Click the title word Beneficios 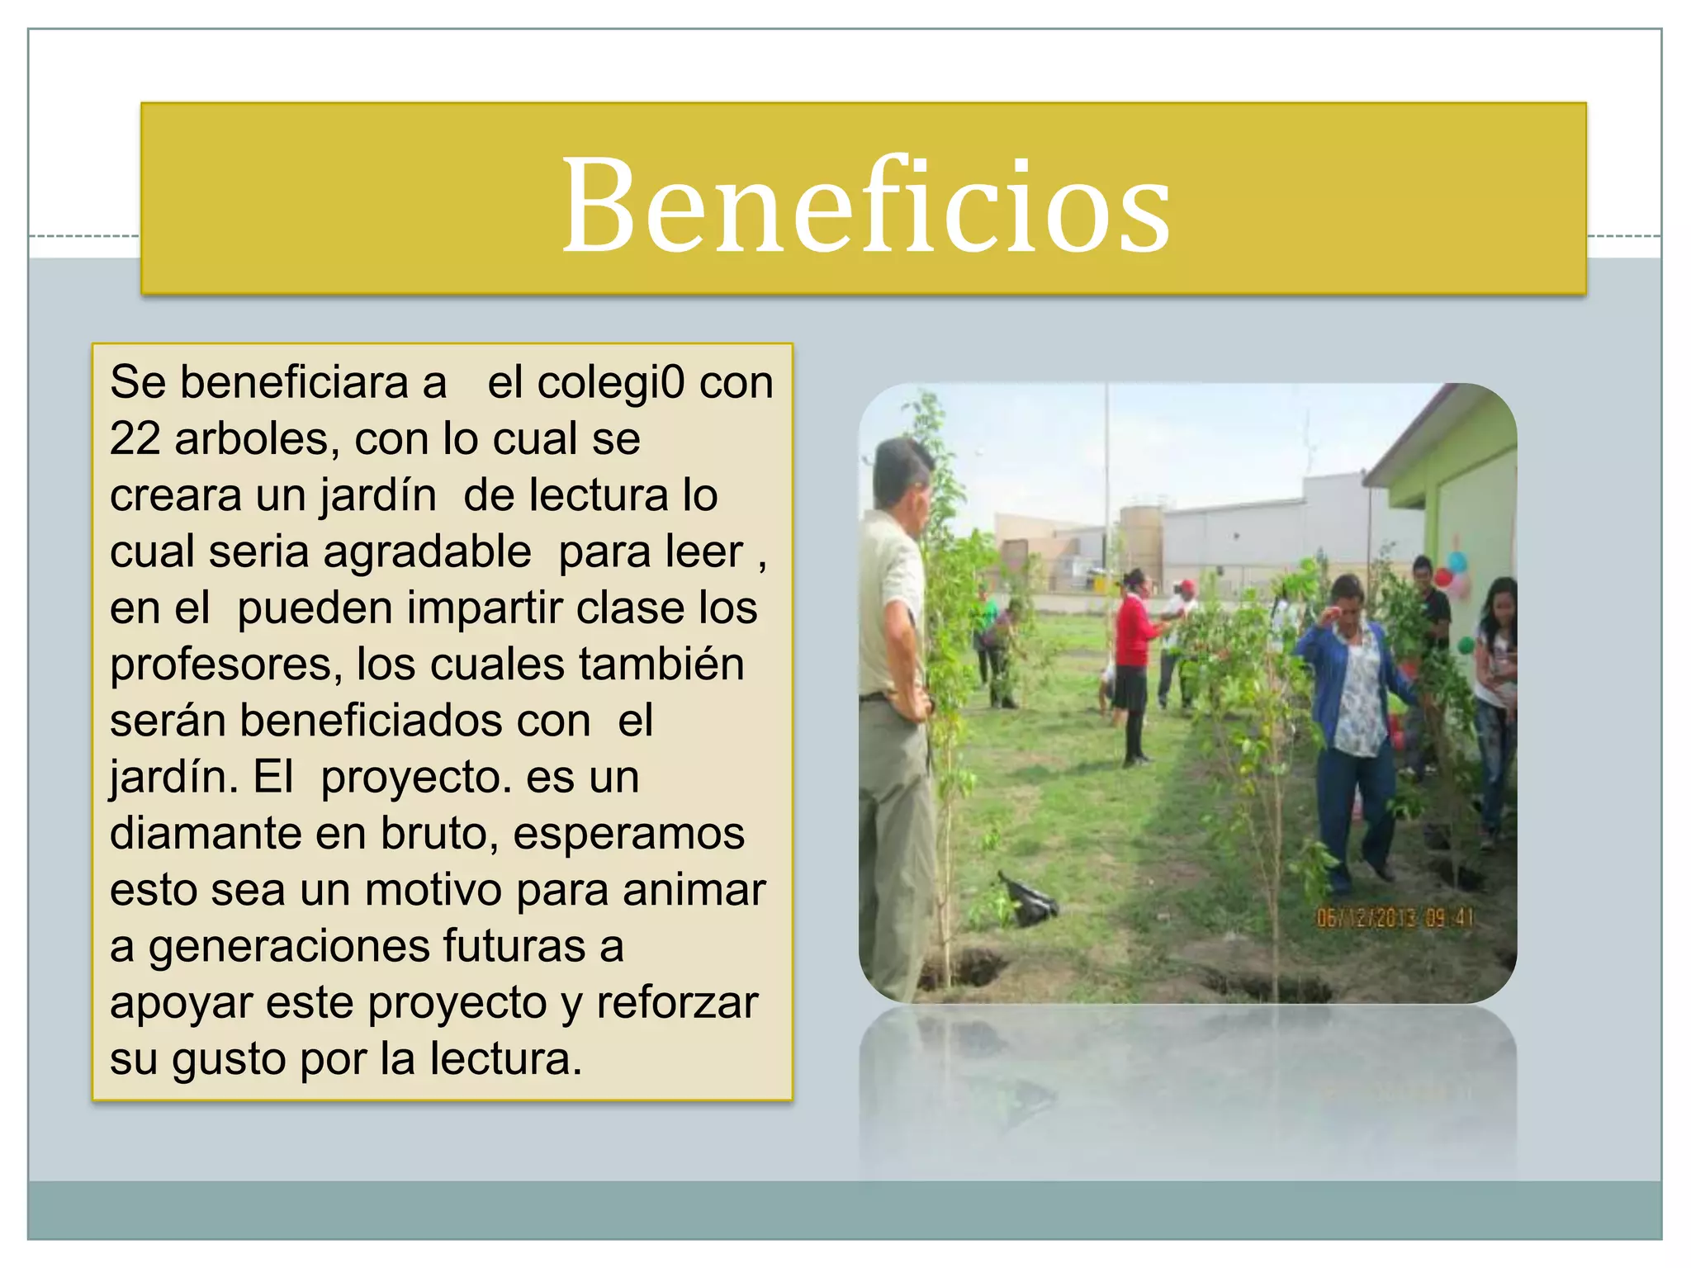pos(865,204)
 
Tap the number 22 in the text pos(135,438)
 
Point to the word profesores pos(225,665)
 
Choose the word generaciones pos(288,946)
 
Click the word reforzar pos(676,1002)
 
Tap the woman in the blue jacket pos(1351,726)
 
